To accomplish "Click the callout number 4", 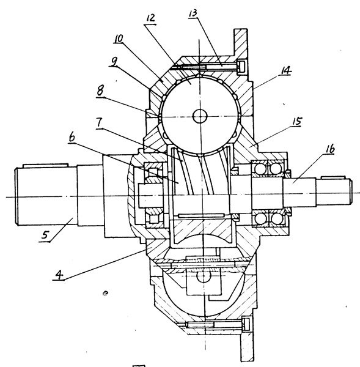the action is (x=59, y=275).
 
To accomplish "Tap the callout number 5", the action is (x=46, y=234).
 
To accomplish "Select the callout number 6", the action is (x=72, y=137).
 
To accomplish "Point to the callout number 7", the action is (x=100, y=122).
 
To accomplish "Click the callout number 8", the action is (x=100, y=91).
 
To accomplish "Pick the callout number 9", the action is (x=114, y=62).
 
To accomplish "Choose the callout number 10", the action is (x=119, y=39).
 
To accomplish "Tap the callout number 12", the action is (x=150, y=18).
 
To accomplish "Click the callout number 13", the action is (x=193, y=13).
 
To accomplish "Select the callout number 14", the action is (x=285, y=70).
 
